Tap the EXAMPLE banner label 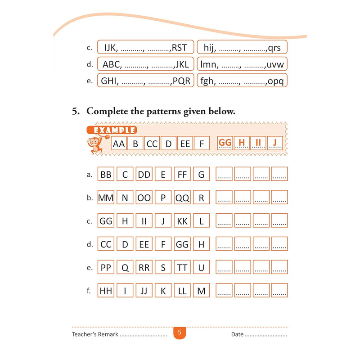[x=112, y=130]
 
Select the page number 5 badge [x=179, y=333]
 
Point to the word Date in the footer [x=237, y=334]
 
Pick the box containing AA [x=119, y=144]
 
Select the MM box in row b [x=106, y=198]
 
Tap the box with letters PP [x=106, y=268]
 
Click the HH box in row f [x=106, y=291]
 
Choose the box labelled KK [x=182, y=221]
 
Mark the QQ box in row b [x=182, y=198]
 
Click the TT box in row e [x=182, y=268]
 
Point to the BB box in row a [x=106, y=174]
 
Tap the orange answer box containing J [x=274, y=143]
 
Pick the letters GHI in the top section [x=110, y=81]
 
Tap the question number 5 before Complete [x=76, y=112]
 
